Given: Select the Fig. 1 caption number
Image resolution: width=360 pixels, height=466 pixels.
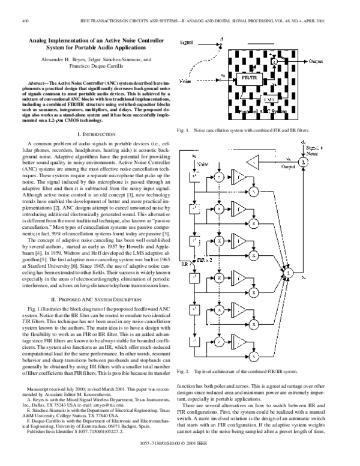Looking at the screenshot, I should point(183,130).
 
